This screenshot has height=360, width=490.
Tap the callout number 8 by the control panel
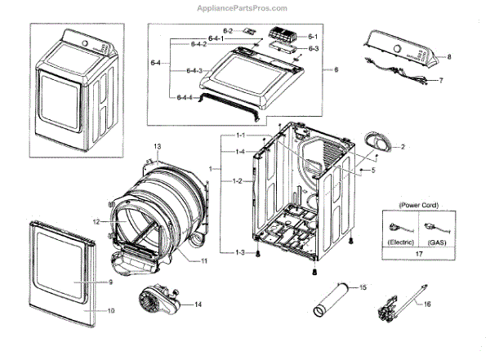pos(448,57)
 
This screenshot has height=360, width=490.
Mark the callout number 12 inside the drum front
pos(118,221)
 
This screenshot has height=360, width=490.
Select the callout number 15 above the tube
pos(363,287)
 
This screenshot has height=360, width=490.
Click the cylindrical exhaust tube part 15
pos(334,300)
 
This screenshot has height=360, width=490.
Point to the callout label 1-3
pos(238,251)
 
